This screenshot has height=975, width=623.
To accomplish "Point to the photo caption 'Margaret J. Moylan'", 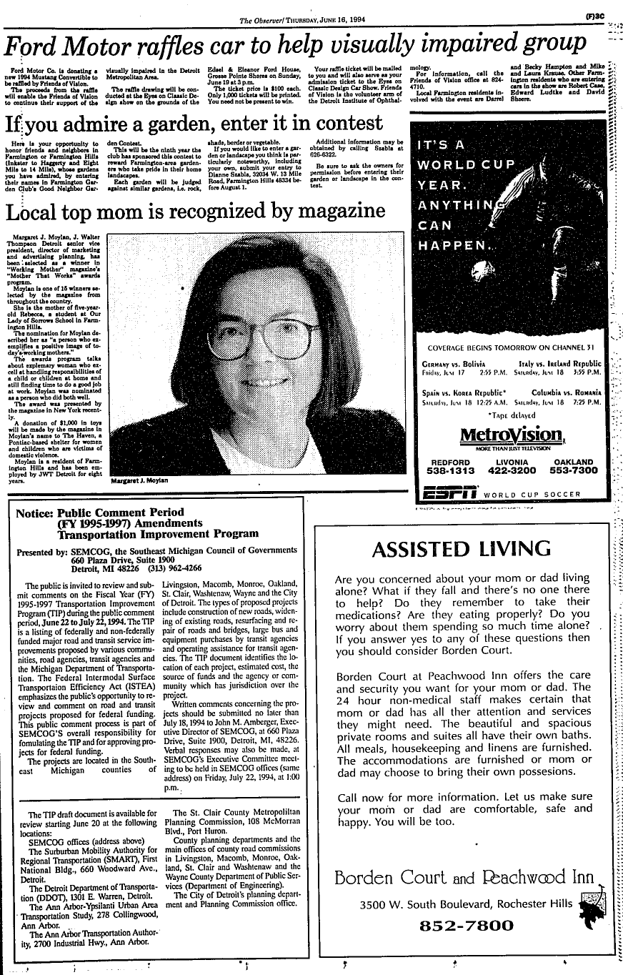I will [140, 481].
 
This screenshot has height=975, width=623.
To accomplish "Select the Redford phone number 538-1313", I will [448, 471].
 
